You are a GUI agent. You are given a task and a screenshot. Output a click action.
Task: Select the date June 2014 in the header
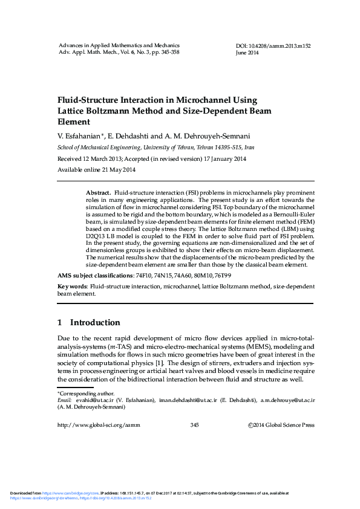click(x=247, y=53)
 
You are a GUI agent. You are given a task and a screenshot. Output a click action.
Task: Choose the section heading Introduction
click(x=95, y=322)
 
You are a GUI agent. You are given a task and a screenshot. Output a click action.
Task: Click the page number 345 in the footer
click(x=194, y=425)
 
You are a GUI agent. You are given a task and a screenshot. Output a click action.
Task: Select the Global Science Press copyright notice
click(x=281, y=425)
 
